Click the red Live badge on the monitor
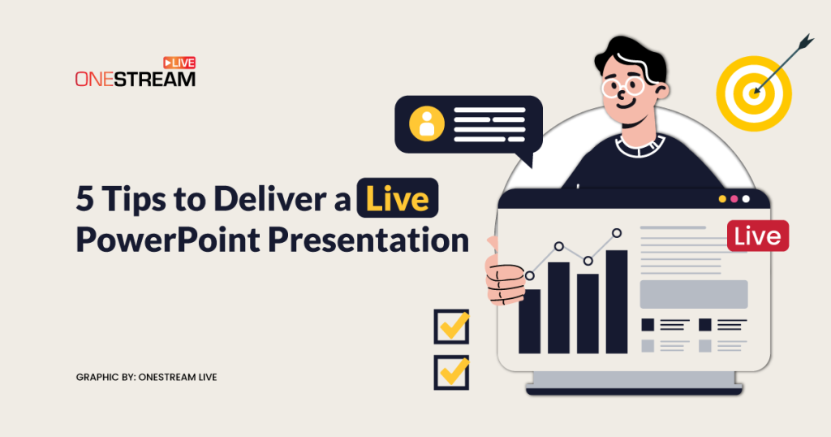[758, 236]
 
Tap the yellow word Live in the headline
[398, 199]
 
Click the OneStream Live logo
[136, 71]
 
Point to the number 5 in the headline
[84, 199]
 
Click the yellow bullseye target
[754, 94]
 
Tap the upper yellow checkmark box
[451, 327]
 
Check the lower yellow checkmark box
[451, 372]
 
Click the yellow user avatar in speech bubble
[427, 124]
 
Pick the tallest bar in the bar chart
[617, 302]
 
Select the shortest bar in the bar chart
[529, 322]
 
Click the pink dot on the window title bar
[734, 199]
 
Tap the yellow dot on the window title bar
[722, 199]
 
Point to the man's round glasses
[622, 87]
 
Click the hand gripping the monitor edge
[505, 279]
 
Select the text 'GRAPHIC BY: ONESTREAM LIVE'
[146, 377]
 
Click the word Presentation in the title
[368, 240]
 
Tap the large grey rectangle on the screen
[694, 294]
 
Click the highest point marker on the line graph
[617, 233]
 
